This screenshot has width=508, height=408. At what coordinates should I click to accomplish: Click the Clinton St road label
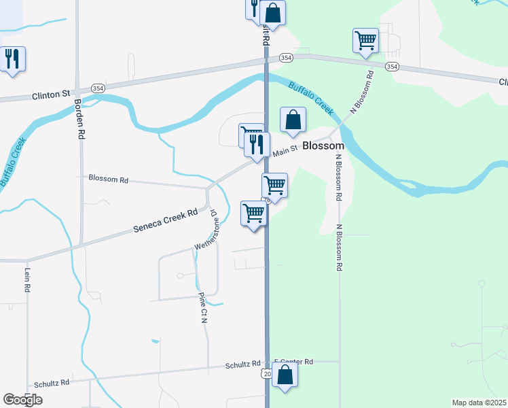click(x=52, y=97)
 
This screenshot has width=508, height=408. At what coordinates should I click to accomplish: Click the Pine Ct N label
click(x=203, y=307)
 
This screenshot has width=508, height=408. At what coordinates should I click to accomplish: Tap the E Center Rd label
click(x=293, y=362)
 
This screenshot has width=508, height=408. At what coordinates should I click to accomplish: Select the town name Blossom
click(x=323, y=146)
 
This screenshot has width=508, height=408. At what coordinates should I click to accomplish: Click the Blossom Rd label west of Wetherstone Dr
click(x=108, y=180)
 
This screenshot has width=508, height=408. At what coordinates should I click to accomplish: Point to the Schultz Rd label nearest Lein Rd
click(x=56, y=383)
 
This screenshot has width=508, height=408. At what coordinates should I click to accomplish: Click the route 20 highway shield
click(x=266, y=373)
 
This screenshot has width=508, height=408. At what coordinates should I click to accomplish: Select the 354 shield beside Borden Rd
click(x=98, y=89)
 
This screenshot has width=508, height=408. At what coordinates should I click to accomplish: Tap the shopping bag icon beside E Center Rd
click(x=285, y=375)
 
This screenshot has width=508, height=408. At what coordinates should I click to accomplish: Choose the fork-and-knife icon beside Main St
click(x=257, y=144)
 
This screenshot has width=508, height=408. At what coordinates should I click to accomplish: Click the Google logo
click(x=22, y=400)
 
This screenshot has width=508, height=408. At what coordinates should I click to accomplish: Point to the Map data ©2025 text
click(x=479, y=403)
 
